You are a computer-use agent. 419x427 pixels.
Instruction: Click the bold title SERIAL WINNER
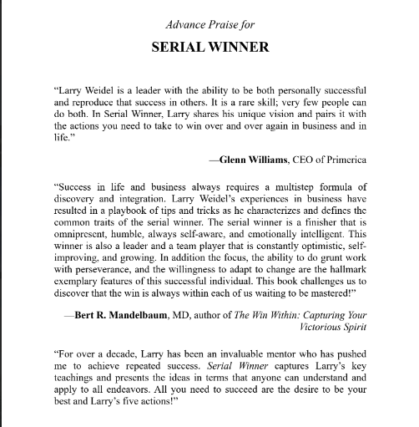click(209, 47)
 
